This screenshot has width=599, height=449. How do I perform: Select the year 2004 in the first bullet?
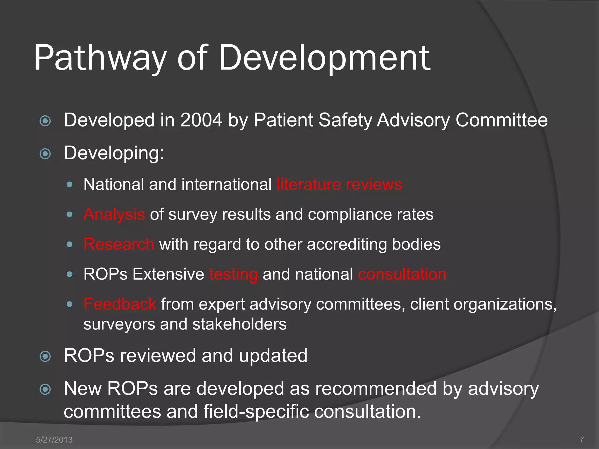(x=201, y=120)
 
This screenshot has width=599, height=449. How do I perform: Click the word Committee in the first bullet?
(x=501, y=120)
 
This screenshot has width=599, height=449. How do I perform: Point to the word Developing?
(x=114, y=153)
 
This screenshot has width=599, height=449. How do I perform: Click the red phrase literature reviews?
(x=339, y=184)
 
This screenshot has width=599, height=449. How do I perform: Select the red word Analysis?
(x=114, y=215)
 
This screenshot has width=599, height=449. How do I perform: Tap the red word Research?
(x=119, y=244)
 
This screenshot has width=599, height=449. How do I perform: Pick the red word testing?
(x=233, y=274)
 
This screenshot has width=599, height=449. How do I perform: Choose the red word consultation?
(x=402, y=274)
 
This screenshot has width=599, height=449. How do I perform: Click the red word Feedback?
(x=120, y=304)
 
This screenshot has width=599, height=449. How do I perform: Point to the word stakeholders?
(x=239, y=324)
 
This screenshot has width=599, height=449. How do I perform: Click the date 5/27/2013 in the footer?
(x=54, y=440)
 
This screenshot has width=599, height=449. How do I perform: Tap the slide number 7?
(x=581, y=440)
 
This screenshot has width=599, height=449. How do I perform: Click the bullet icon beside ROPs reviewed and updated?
(x=45, y=356)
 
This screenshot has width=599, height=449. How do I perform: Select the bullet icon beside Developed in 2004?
(x=45, y=121)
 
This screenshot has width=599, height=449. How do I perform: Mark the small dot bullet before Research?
(x=69, y=244)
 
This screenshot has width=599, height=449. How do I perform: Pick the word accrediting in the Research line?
(x=347, y=244)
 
